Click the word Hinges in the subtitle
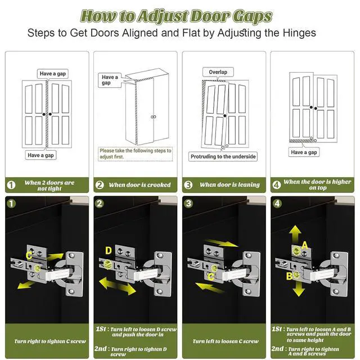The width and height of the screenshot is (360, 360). (x=299, y=33)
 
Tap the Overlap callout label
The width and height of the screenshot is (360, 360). (x=218, y=72)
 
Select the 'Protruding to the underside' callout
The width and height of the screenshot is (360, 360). (x=223, y=156)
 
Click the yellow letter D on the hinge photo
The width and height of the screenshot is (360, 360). (x=109, y=250)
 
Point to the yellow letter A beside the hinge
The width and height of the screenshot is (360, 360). (x=304, y=245)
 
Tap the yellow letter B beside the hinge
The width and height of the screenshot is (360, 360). (x=289, y=276)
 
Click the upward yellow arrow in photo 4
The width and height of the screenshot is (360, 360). (x=295, y=234)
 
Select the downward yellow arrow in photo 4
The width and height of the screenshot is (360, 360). (x=299, y=289)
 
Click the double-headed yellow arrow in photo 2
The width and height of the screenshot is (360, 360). (x=118, y=286)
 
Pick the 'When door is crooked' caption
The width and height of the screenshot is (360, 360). (x=139, y=185)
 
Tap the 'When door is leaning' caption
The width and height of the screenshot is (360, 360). (x=229, y=184)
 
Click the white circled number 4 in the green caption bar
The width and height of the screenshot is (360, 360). (x=276, y=185)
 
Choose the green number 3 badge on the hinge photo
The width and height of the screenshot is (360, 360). (x=188, y=204)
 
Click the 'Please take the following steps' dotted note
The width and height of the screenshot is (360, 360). (x=135, y=154)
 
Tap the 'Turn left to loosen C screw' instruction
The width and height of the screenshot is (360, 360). (x=226, y=341)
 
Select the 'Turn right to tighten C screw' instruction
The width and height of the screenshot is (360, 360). (x=50, y=341)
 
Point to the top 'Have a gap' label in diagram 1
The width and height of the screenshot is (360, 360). (x=53, y=74)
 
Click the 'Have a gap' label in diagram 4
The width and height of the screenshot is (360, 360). (x=304, y=152)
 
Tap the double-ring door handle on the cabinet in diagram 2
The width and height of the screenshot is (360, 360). (x=154, y=117)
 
